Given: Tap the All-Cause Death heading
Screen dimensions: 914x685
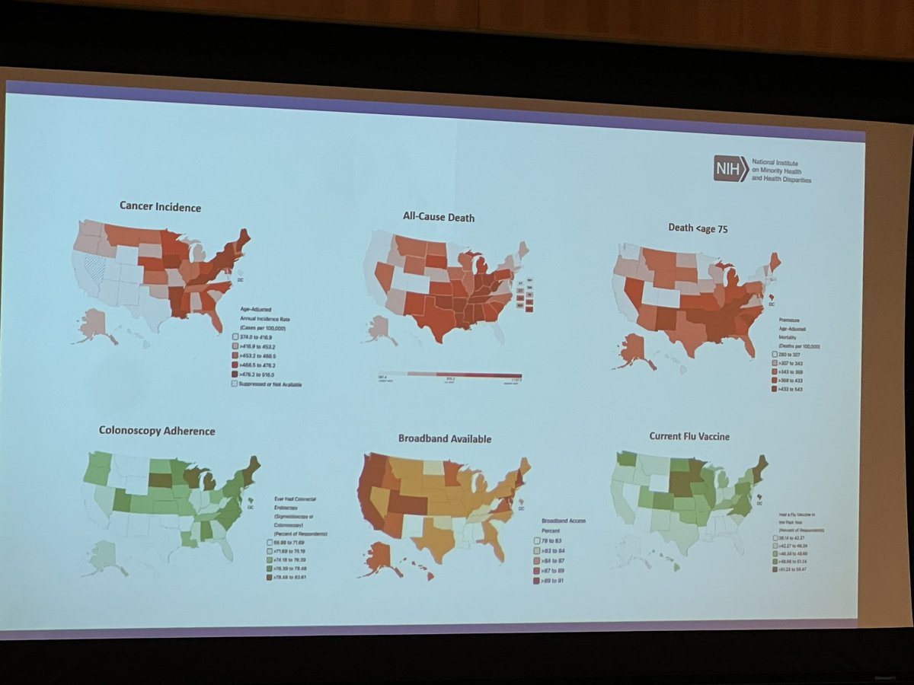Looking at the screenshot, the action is [x=438, y=218].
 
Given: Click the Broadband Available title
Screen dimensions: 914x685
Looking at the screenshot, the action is [x=444, y=438].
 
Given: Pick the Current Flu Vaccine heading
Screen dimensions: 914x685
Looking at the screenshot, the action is [x=691, y=436].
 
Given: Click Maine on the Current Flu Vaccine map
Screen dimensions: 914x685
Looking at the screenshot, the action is [x=760, y=466].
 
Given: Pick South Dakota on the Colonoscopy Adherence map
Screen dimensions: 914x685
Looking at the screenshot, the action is [x=159, y=480].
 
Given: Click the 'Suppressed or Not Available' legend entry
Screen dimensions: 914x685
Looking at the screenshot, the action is [x=266, y=384].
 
